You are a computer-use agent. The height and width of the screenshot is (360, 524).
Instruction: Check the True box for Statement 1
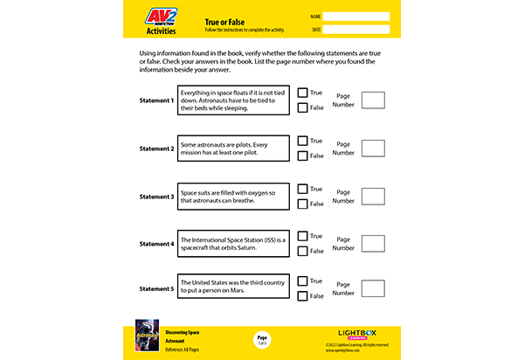tap(302, 93)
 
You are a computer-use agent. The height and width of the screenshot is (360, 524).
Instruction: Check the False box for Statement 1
tap(302, 108)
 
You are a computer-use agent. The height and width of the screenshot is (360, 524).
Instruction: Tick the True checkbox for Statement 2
tap(302, 141)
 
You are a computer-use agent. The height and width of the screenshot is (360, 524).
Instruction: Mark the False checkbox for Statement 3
tap(302, 204)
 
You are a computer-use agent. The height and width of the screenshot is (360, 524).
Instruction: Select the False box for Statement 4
tap(302, 252)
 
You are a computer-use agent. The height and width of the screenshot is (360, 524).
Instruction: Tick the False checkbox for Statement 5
tap(302, 297)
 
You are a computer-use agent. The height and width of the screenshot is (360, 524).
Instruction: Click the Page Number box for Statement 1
tap(373, 100)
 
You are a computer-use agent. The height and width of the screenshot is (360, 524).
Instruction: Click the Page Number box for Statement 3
tap(373, 196)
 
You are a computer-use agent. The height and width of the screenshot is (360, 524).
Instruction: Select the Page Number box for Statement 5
tap(373, 288)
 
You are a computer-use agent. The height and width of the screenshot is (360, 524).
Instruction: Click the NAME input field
tap(357, 16)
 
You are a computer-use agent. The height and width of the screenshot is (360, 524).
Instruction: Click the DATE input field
tap(357, 30)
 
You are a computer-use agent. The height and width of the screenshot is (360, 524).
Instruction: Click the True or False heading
tap(224, 20)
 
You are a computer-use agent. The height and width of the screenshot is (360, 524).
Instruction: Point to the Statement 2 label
tap(157, 149)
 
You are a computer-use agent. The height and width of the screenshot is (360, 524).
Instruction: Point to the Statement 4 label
tap(157, 244)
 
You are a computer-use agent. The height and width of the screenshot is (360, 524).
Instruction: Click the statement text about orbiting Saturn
tap(233, 244)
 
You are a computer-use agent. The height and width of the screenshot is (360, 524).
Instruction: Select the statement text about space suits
tap(233, 196)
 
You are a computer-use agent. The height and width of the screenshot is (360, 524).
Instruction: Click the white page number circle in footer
tap(262, 338)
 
